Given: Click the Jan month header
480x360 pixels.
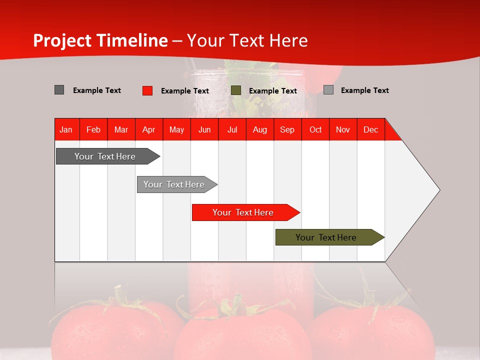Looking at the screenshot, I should pos(66,129).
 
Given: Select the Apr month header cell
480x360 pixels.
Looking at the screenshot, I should pos(149,129).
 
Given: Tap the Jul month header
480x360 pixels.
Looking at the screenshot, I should pos(232,129).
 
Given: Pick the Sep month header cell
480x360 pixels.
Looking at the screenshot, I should pos(287,129).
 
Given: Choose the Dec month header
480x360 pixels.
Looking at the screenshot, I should pos(370,129).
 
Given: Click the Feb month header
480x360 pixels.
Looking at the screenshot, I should pos(93,129).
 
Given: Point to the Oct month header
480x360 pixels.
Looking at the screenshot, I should pos(315,129).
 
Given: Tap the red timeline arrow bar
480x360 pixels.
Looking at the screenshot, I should pos(243,212).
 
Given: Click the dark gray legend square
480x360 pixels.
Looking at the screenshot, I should pos(59,90).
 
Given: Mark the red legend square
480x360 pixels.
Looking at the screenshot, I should pos(147,90).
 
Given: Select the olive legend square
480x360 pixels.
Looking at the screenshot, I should pos(236,90).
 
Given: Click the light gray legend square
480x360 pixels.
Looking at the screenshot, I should pos(328,90).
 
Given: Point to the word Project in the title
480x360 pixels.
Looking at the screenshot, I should pos(62,40).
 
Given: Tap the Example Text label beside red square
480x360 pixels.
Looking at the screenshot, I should pos(184,90).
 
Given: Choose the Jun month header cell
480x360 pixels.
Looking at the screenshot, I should pos(204,129).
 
